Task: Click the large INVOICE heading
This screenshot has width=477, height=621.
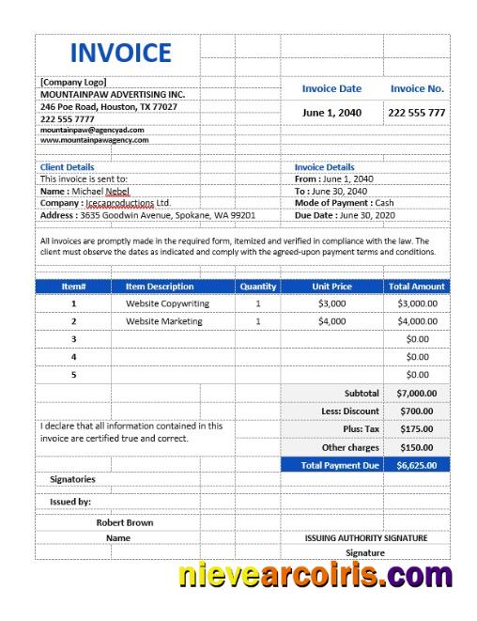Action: coord(120,53)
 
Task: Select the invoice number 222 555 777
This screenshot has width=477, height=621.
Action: coord(417,113)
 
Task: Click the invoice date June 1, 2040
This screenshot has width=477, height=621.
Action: coord(331,113)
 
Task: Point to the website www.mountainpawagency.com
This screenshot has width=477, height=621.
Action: coord(94,140)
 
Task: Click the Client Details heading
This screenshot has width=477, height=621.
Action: coord(67,167)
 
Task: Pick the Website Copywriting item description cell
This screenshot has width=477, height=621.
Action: coord(167,304)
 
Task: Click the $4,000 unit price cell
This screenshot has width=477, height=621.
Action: coord(331,321)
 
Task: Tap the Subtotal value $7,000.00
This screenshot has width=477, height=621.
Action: coord(416,393)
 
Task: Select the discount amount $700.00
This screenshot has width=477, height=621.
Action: coord(416,411)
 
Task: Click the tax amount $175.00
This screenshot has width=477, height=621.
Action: coord(416,428)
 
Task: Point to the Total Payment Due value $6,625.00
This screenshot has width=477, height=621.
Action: coord(416,465)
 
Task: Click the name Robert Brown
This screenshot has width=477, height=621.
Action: coord(125,522)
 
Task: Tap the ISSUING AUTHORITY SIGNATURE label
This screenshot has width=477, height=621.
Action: coord(366,538)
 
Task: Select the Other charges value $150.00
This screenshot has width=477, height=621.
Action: coord(416,447)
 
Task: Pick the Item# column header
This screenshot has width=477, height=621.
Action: coord(73,287)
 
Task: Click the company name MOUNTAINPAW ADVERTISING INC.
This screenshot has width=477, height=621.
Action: coord(113,94)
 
